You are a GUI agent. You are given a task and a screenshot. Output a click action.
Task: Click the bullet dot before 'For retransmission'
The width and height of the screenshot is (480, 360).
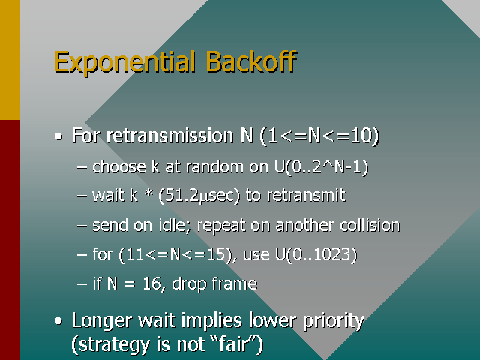[x=58, y=137]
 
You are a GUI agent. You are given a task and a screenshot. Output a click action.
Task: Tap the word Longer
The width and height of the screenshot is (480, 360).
[x=100, y=321]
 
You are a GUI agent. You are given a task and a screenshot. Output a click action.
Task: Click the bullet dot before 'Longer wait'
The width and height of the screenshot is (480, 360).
[x=58, y=322]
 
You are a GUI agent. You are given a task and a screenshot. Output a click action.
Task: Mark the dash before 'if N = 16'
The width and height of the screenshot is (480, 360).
[x=82, y=284]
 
